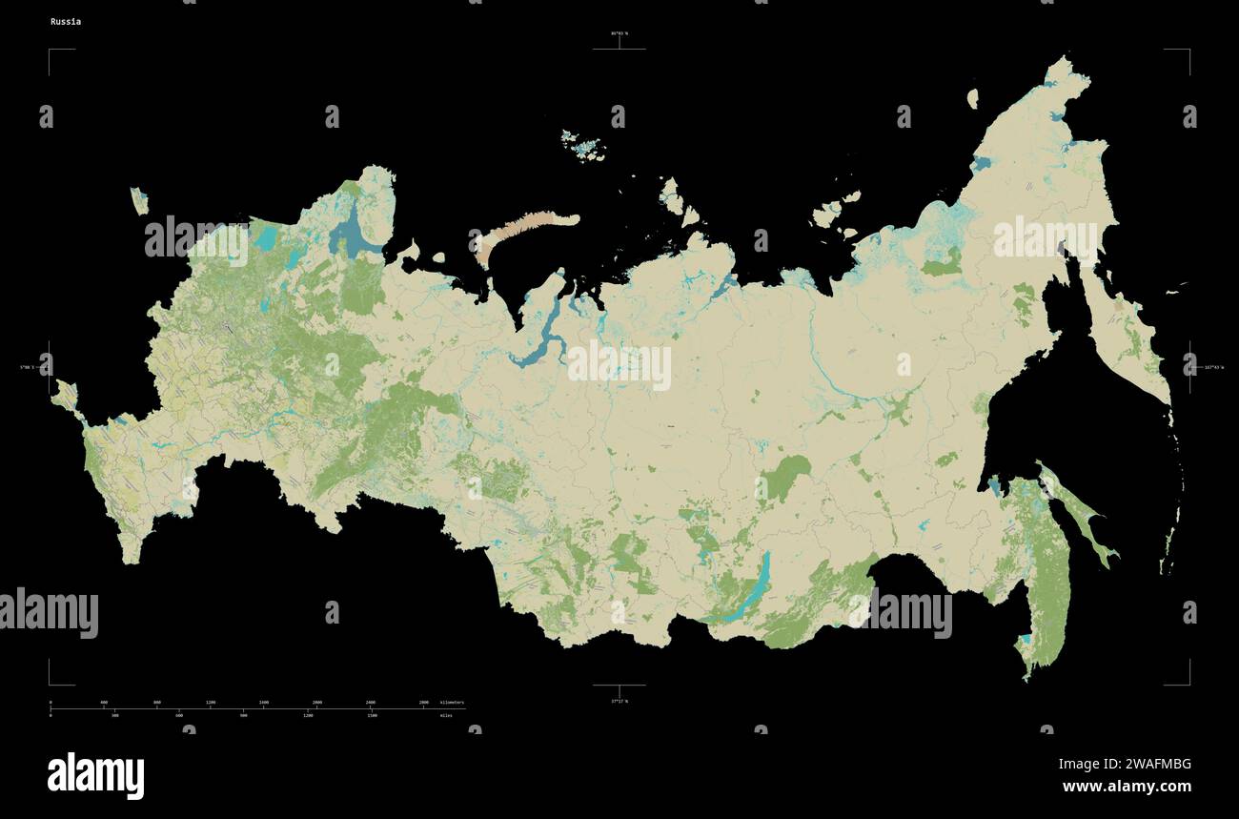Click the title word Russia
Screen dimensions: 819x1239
66,21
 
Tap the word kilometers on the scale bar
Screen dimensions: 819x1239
452,703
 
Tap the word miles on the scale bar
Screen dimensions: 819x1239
446,715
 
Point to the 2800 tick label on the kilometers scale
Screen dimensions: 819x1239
423,703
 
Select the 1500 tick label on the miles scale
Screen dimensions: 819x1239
372,715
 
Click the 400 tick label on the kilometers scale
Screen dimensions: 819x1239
104,703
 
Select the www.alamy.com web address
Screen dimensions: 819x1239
1127,787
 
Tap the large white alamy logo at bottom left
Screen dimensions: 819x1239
95,774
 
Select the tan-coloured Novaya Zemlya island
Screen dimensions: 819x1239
530,230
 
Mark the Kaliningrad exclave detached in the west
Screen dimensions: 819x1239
139,201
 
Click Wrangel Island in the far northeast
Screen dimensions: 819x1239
972,97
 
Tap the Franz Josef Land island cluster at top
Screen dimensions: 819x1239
583,143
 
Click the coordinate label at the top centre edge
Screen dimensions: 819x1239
619,33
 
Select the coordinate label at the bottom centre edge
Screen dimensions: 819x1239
619,701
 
